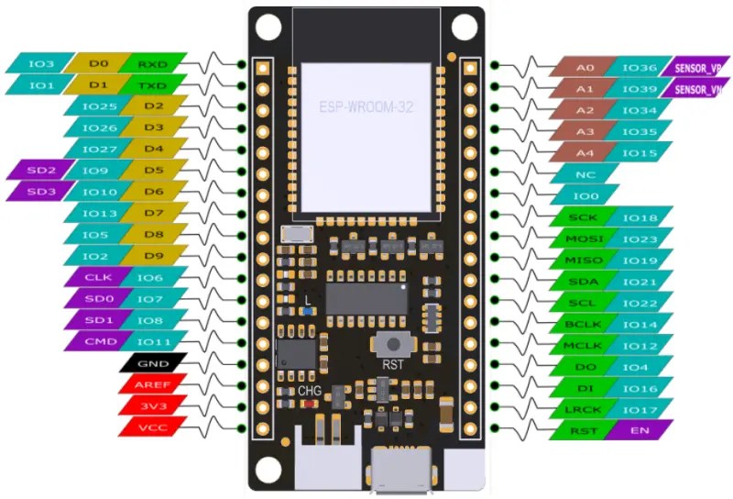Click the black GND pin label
tap(152, 362)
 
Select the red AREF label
tap(152, 383)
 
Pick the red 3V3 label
tap(152, 405)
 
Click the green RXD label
tap(152, 64)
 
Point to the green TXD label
tap(152, 85)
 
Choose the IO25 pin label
tap(98, 106)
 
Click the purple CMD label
tap(98, 341)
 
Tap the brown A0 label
tap(584, 67)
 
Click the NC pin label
tap(584, 174)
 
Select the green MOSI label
tap(584, 238)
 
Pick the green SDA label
tap(584, 281)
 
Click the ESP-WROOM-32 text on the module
tap(366, 107)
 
